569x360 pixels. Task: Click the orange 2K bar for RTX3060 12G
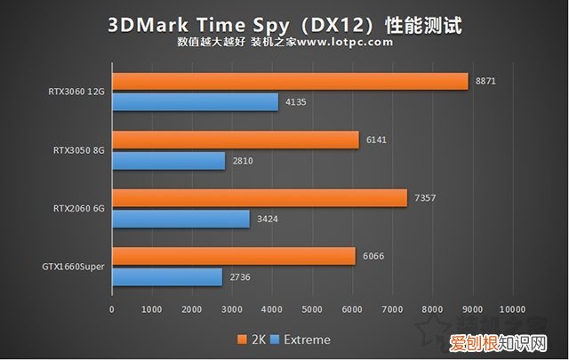pos(290,81)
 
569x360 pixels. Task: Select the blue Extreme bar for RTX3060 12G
pos(195,102)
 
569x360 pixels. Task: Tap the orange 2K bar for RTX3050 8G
pos(235,140)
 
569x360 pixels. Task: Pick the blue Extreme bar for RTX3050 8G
pos(168,161)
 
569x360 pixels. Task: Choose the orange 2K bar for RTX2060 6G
pos(259,197)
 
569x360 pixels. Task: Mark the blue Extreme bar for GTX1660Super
pos(166,277)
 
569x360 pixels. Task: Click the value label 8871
pos(485,81)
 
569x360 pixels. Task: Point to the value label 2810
pos(243,161)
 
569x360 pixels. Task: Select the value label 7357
pos(424,197)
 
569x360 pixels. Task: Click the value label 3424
pos(268,219)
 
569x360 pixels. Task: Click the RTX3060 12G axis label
pos(77,92)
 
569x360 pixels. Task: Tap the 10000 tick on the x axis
pos(513,309)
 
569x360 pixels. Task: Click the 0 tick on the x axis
pos(112,309)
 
